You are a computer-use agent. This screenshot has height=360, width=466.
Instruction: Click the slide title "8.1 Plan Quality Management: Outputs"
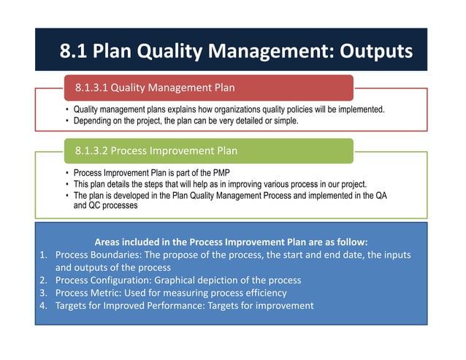pos(235,50)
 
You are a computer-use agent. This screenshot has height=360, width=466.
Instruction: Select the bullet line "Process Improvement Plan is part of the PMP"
pos(157,173)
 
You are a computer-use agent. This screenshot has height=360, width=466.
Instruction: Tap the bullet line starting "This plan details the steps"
pos(220,184)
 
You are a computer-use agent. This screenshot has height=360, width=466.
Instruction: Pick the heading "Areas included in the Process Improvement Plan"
pos(232,241)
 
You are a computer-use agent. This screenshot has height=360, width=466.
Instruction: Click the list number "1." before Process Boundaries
pos(43,254)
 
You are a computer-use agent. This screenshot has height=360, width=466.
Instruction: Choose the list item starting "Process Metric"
pos(171,293)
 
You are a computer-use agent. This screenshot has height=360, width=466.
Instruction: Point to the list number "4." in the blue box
pos(43,305)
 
